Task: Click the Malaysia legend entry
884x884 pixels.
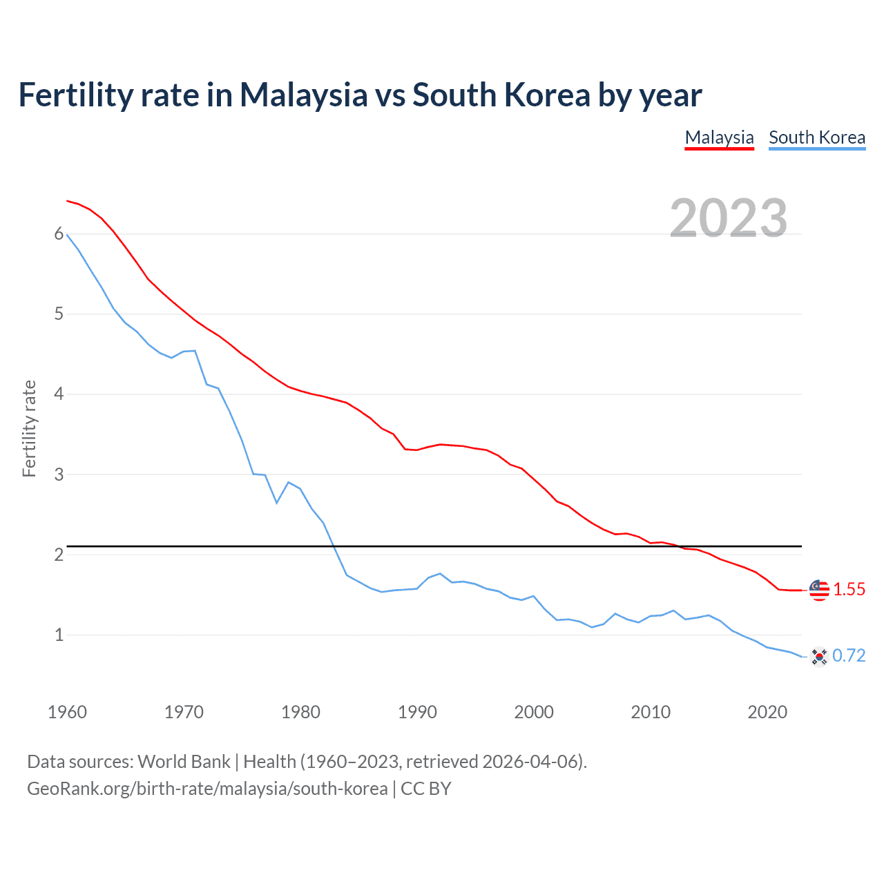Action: [x=719, y=137]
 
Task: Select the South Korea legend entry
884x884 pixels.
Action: [x=817, y=137]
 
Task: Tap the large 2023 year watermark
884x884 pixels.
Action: [x=729, y=218]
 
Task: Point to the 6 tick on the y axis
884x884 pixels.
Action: [x=59, y=234]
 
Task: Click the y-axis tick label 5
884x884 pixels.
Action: [x=59, y=314]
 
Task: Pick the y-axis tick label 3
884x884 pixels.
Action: [x=59, y=474]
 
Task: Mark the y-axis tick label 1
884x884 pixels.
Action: [x=59, y=635]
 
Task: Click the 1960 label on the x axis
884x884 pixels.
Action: [x=67, y=712]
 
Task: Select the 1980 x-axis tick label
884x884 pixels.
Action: [x=300, y=712]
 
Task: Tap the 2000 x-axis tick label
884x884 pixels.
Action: [x=534, y=712]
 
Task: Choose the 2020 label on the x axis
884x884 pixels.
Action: [x=767, y=712]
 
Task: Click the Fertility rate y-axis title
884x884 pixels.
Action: [x=29, y=428]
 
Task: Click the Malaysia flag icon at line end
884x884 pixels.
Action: [x=818, y=590]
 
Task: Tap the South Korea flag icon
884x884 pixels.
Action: [x=818, y=656]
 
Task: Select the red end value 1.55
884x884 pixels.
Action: [x=849, y=590]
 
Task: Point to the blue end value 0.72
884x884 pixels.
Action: [x=849, y=656]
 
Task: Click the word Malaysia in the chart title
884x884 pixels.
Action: [x=303, y=95]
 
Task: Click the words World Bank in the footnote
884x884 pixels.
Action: [x=184, y=762]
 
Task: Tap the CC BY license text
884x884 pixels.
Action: [x=426, y=789]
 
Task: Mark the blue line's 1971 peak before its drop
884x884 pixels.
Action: [x=195, y=351]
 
